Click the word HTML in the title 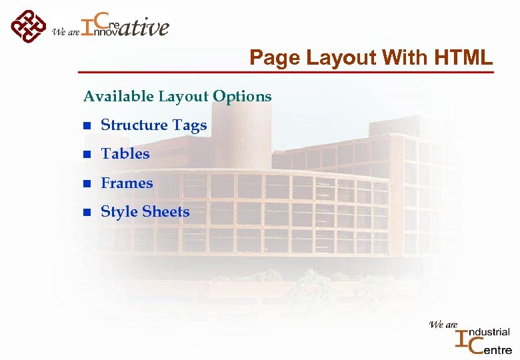click(x=463, y=58)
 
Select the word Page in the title click(x=274, y=58)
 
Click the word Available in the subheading click(x=118, y=97)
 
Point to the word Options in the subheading click(x=242, y=97)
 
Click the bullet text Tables click(x=125, y=154)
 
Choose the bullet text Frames click(x=127, y=183)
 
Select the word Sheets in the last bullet click(x=165, y=212)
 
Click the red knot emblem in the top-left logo click(x=27, y=26)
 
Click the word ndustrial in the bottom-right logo click(x=490, y=332)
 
